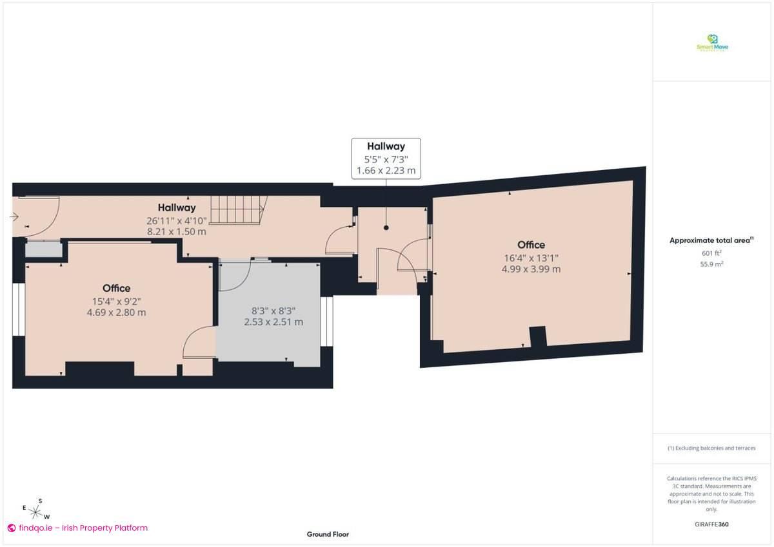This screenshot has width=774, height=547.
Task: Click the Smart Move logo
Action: click(x=712, y=43)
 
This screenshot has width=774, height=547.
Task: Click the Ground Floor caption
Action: click(x=328, y=534)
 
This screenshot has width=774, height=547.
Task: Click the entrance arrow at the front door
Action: click(x=15, y=217)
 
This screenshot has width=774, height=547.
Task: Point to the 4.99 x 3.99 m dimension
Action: click(x=531, y=269)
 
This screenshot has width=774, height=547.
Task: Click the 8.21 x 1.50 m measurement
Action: click(x=177, y=231)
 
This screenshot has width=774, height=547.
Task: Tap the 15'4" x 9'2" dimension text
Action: click(x=116, y=301)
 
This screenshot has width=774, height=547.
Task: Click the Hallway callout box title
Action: click(x=386, y=146)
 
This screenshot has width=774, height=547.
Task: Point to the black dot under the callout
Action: click(x=386, y=227)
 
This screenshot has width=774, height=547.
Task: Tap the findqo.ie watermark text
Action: click(x=83, y=528)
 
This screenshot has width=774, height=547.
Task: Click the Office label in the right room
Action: click(x=531, y=245)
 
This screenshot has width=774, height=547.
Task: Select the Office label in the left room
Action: click(x=116, y=288)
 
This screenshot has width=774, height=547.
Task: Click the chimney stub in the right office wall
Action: click(x=537, y=336)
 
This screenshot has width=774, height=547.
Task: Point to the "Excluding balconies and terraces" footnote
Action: click(x=711, y=448)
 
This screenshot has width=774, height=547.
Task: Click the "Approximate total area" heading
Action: click(x=711, y=240)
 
